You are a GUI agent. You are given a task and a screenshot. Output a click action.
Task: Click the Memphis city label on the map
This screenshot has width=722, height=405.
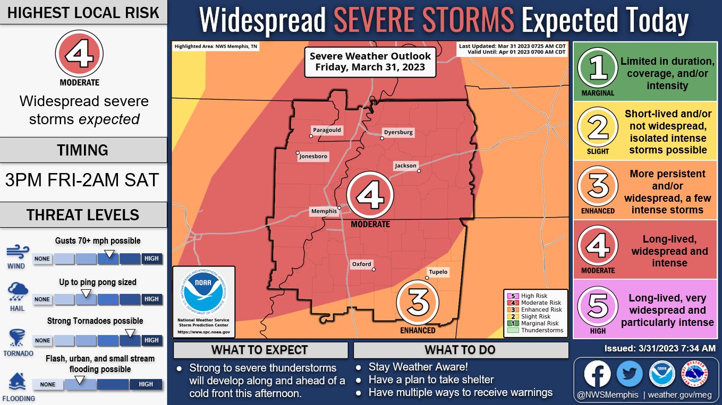324,211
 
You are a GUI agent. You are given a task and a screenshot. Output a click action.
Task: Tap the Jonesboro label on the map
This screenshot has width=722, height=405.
313,157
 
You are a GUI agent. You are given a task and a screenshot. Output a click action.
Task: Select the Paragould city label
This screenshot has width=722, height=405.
327,130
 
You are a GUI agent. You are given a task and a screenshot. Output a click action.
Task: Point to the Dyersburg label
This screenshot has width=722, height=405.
398,132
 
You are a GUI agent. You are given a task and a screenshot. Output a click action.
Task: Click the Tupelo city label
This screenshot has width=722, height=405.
438,272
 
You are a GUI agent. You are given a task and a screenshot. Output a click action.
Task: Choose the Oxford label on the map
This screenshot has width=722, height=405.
362,264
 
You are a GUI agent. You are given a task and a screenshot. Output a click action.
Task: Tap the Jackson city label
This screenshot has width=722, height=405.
405,166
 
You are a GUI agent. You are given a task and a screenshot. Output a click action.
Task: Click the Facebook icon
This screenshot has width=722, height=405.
597,374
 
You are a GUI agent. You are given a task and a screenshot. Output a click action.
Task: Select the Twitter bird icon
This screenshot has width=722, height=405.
630,374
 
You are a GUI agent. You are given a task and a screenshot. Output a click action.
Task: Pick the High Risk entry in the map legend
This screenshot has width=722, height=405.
534,296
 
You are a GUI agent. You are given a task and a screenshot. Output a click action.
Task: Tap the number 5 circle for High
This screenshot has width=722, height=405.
598,305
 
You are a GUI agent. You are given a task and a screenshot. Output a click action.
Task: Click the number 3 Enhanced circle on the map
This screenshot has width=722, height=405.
418,303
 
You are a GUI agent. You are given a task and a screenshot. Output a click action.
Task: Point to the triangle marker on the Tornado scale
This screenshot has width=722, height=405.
128,332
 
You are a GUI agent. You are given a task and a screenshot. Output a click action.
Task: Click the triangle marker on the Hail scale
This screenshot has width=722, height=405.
86,292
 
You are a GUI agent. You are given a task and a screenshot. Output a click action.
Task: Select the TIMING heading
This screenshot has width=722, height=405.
83,150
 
